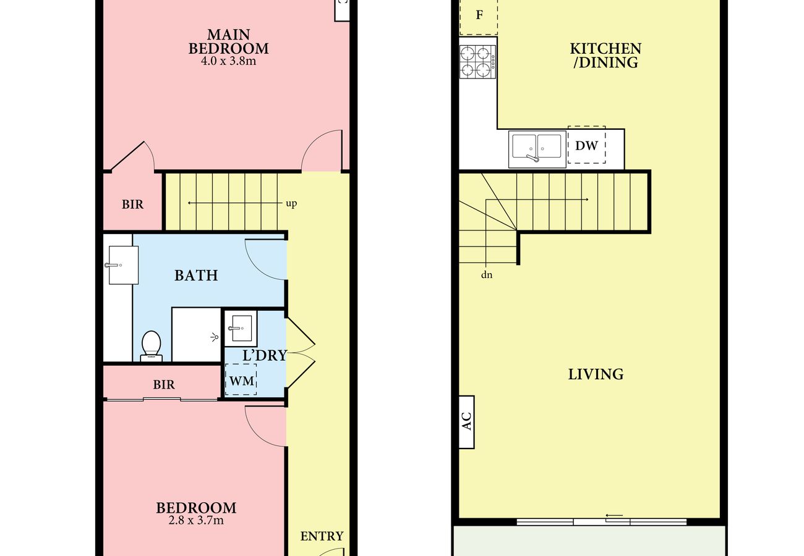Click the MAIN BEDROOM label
229,41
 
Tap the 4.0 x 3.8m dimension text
229,61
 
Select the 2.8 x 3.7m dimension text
196,520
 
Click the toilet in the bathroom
151,346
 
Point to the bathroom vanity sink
123,265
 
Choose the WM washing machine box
241,380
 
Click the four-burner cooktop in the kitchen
477,62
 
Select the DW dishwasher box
586,145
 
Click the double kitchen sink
537,149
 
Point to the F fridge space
479,17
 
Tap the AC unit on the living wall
466,422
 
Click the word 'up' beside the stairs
291,204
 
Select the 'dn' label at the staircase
487,275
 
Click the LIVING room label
596,374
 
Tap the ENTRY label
322,536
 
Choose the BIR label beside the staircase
132,204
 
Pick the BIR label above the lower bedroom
164,385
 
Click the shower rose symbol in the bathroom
215,336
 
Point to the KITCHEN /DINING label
605,55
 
